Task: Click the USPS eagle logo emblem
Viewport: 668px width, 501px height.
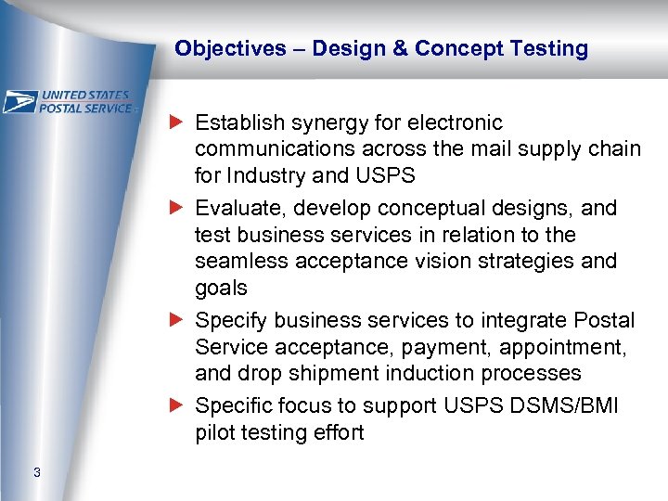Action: pyautogui.click(x=19, y=101)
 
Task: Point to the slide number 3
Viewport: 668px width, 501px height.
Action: pyautogui.click(x=36, y=473)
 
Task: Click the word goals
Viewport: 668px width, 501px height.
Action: pyautogui.click(x=221, y=288)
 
